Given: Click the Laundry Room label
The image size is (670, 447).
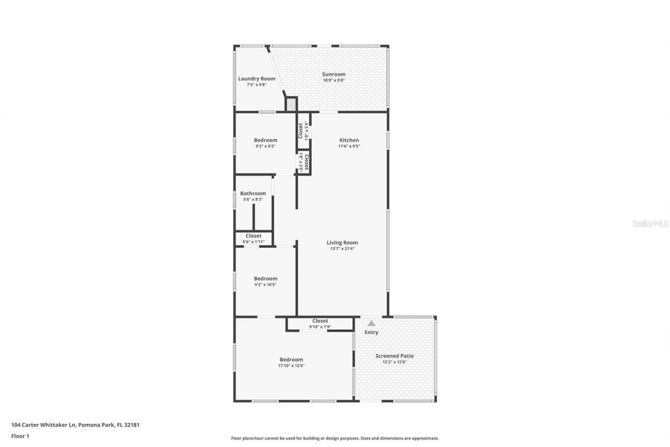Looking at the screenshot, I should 256,79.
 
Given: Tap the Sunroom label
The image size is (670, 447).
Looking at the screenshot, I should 333,74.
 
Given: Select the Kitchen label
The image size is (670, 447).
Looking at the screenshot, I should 349,140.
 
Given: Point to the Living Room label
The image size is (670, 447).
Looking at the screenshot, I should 342,243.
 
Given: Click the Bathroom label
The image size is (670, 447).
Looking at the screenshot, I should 253,193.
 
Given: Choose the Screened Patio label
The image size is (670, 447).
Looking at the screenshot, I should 394,356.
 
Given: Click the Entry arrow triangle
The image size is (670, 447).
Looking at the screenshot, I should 371,323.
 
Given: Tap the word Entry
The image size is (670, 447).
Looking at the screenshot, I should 371,332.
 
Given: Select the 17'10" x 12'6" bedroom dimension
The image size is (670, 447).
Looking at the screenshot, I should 291,366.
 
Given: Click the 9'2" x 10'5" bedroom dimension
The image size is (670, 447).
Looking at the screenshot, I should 265,285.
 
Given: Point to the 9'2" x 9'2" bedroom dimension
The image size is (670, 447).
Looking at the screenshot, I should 265,146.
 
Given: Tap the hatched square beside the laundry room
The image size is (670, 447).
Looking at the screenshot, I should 291,104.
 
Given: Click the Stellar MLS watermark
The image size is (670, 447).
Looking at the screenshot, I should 650,223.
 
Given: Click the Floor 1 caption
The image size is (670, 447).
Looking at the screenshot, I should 20,435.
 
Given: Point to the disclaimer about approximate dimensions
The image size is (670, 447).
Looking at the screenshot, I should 335,438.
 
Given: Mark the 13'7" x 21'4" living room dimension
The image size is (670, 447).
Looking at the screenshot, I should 342,248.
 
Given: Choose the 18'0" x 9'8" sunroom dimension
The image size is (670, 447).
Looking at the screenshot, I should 333,80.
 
